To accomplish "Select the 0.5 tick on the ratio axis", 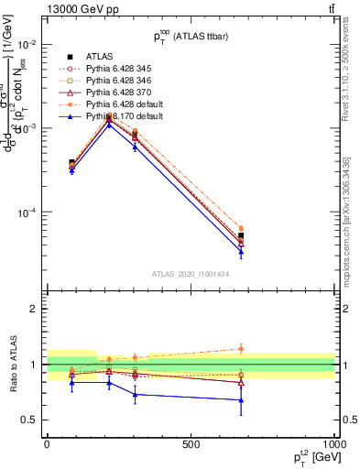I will coord(31,420).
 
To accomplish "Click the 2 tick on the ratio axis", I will coord(35,309).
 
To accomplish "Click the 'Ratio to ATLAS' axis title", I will coord(12,364).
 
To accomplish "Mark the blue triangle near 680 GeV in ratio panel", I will coord(241,399).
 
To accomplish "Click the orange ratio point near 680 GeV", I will coord(241,348).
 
